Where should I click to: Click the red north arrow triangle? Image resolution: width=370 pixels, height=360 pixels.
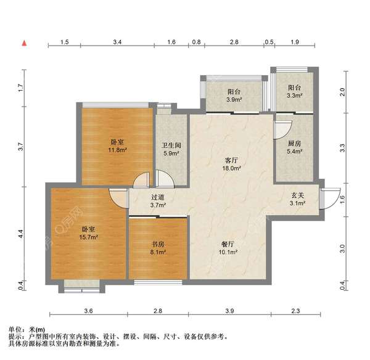(24, 43)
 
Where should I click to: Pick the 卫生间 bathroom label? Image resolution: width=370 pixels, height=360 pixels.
(170, 146)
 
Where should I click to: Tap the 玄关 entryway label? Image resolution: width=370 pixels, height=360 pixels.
(298, 195)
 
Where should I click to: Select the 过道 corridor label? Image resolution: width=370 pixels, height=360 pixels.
(157, 197)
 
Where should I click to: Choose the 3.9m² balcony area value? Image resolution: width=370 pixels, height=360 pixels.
(234, 99)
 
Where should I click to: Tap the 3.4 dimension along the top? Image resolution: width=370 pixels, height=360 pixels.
(118, 42)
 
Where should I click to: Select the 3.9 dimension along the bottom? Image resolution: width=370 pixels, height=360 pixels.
(229, 310)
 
